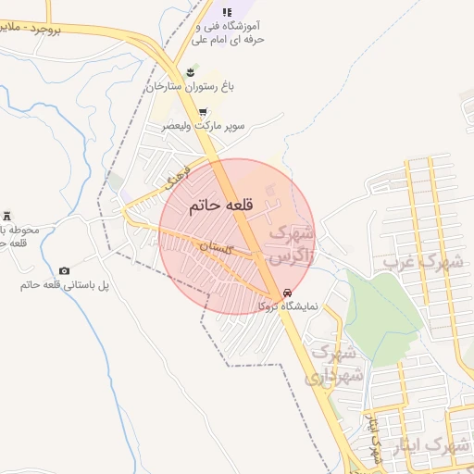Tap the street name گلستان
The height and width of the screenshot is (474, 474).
214,246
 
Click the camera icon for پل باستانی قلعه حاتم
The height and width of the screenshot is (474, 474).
64,270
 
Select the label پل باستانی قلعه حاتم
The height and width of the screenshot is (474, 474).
64,285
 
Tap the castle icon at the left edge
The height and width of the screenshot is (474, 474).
7,215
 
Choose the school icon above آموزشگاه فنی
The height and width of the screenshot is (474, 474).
227,11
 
